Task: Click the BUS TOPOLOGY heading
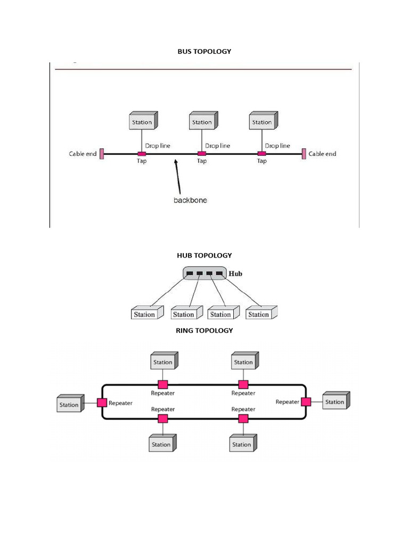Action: pos(204,51)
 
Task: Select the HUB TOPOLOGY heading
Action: pos(204,255)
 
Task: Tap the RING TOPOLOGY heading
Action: pos(204,331)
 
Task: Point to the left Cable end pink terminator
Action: pos(102,154)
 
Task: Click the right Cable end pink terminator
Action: pos(304,154)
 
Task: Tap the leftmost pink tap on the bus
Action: pos(142,154)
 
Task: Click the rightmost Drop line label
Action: pos(277,146)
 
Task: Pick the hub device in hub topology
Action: pos(204,274)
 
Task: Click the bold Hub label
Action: pos(235,274)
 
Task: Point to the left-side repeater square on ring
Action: pos(102,403)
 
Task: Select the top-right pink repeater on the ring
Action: pos(243,384)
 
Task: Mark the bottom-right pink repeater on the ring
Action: pos(243,419)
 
